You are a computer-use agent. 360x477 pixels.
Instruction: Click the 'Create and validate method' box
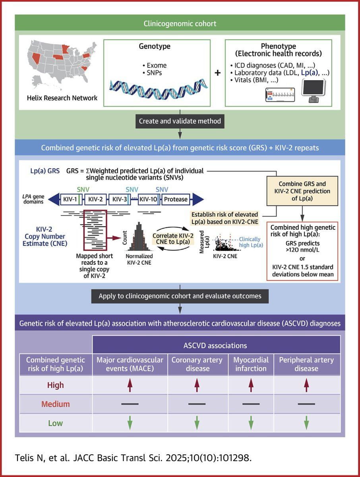[x=180, y=121]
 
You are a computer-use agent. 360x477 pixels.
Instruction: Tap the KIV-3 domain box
[x=120, y=199]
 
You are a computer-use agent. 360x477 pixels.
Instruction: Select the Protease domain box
[x=176, y=199]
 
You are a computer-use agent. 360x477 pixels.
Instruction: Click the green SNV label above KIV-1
[x=83, y=190]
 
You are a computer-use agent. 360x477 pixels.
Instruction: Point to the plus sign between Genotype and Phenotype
[x=218, y=73]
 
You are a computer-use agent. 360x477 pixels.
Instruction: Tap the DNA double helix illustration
[x=159, y=89]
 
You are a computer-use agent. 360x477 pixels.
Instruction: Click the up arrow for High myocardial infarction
[x=251, y=385]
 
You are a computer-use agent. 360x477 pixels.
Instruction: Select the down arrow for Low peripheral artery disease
[x=306, y=423]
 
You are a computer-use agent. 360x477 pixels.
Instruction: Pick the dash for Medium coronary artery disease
[x=197, y=404]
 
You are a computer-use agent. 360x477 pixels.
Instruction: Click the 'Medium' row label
[x=56, y=404]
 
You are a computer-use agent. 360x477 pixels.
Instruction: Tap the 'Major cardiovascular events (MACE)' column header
[x=130, y=364]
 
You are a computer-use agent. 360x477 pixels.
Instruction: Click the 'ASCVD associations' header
[x=215, y=345]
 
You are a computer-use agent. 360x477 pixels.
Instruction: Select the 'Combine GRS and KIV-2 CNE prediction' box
[x=302, y=191]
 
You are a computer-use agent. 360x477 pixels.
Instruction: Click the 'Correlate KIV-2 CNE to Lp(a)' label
[x=173, y=238]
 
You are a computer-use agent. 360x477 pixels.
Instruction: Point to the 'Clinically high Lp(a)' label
[x=251, y=242]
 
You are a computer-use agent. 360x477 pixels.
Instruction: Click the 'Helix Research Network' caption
[x=62, y=98]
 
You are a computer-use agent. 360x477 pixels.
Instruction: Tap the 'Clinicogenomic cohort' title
[x=180, y=23]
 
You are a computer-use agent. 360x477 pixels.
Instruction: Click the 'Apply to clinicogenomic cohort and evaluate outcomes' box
[x=180, y=296]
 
